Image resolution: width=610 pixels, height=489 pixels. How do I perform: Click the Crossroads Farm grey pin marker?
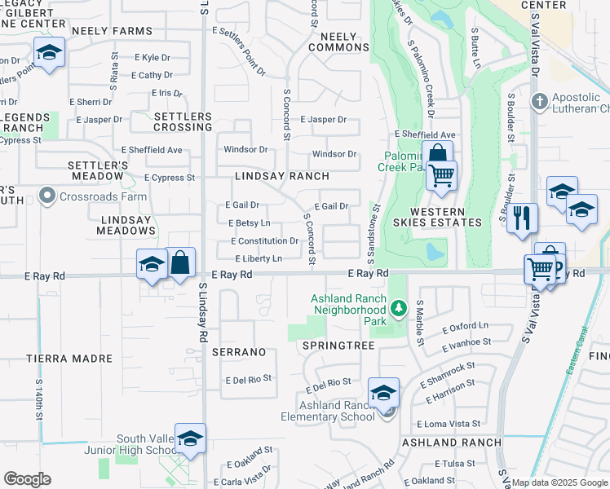click(46, 196)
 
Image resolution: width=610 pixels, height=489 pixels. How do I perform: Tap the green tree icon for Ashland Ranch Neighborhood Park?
click(398, 308)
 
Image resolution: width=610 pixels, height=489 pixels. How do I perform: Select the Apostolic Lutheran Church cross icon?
click(538, 102)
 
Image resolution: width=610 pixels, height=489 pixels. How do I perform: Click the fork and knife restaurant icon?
click(522, 218)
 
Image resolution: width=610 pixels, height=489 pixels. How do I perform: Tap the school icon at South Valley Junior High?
click(190, 438)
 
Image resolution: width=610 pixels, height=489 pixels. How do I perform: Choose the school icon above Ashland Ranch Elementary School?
click(383, 393)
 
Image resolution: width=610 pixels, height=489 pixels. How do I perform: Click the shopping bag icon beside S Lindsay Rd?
click(180, 262)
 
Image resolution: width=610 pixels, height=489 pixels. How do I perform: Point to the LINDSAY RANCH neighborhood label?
click(281, 176)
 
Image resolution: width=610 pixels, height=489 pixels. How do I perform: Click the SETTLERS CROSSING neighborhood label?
click(183, 121)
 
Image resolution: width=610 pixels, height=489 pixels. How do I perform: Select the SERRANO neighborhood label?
click(239, 352)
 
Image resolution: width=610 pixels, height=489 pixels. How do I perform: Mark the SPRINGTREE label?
click(338, 346)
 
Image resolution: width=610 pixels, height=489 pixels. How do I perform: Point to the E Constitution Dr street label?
click(264, 241)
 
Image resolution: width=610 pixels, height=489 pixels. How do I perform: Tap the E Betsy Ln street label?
click(250, 223)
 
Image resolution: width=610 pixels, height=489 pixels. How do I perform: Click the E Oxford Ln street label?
click(466, 329)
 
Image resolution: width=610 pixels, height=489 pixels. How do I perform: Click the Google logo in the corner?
click(27, 479)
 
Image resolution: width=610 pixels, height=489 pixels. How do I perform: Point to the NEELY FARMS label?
click(112, 31)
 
